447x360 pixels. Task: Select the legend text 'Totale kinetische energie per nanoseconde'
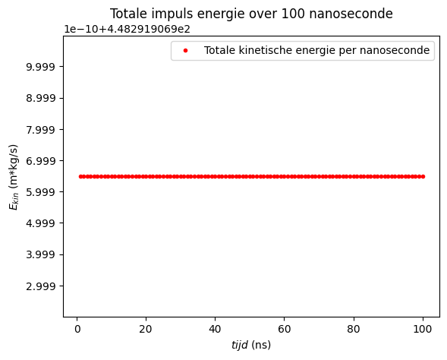click(x=317, y=51)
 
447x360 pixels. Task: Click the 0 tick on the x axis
click(x=77, y=329)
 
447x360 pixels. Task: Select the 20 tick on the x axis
click(x=146, y=329)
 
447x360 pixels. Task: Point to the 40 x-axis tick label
click(x=215, y=329)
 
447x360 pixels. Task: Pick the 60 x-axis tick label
click(x=284, y=329)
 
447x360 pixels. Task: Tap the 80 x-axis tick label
click(x=353, y=329)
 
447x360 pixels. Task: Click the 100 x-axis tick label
click(x=422, y=329)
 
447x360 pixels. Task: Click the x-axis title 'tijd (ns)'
click(x=251, y=345)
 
